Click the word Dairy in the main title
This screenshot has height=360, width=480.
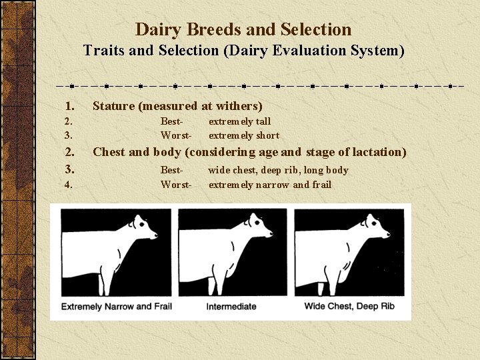point(156,30)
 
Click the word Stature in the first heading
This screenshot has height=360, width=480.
point(113,106)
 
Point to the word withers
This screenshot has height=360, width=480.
point(239,106)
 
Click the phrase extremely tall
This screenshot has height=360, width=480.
point(239,121)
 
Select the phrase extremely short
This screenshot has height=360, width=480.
point(243,135)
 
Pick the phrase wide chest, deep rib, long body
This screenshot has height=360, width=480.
point(278,170)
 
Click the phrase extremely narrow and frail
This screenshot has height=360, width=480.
point(269,185)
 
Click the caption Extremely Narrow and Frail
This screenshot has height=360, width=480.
point(116,307)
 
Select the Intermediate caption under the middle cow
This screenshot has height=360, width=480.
point(231,307)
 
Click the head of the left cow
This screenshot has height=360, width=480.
point(144,227)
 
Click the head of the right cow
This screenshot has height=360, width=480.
point(377,227)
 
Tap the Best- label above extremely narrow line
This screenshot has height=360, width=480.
point(171,170)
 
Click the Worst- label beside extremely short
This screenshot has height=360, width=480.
point(175,135)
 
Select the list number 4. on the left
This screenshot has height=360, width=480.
point(69,185)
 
